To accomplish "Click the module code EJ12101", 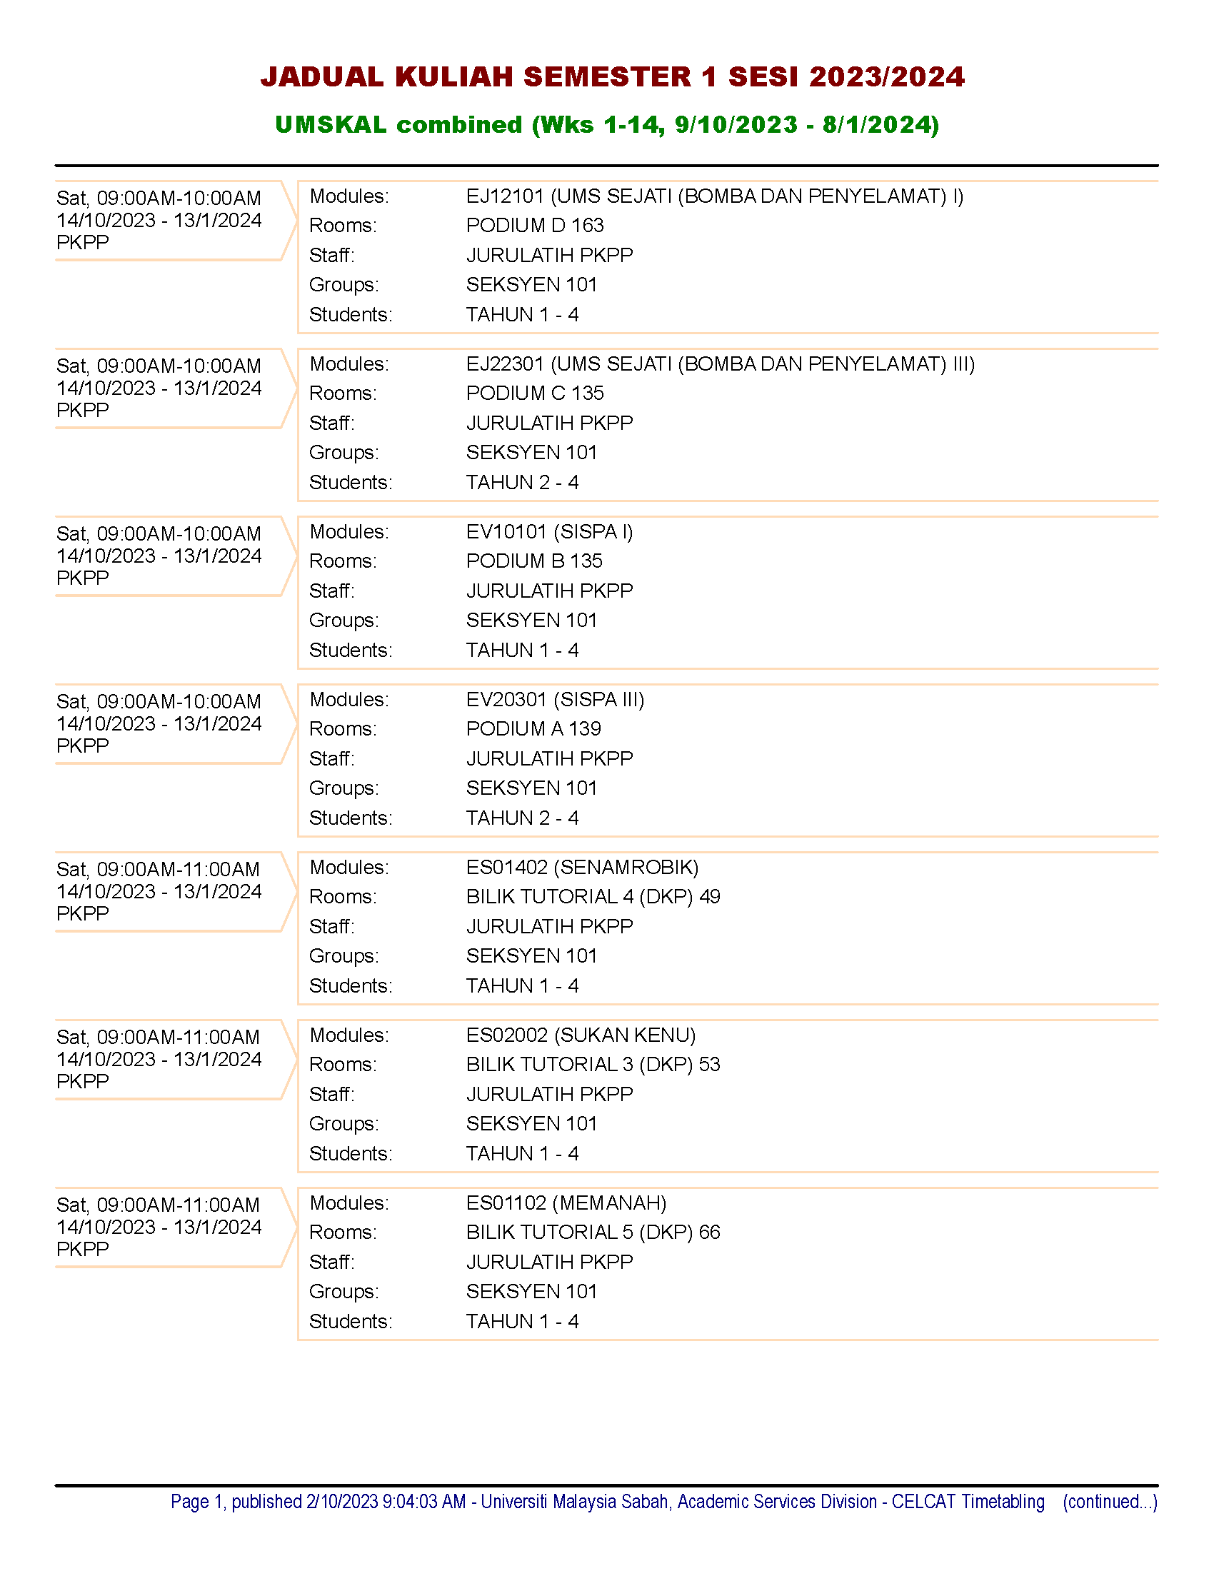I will [x=505, y=196].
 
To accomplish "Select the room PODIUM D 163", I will [x=534, y=226].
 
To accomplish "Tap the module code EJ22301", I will [x=505, y=364].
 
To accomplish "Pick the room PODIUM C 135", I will [x=534, y=393].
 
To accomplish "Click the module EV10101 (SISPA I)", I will [x=548, y=531].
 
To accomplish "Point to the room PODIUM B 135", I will [x=533, y=561].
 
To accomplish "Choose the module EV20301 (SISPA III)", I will [x=554, y=699].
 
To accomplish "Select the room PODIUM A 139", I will [x=533, y=728].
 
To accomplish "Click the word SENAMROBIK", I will [x=626, y=868].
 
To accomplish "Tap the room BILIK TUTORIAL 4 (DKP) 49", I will [x=593, y=897].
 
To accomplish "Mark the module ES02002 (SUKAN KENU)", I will [x=581, y=1035].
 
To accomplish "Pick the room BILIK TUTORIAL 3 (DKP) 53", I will [x=593, y=1065].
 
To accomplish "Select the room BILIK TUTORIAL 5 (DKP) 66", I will [x=593, y=1233].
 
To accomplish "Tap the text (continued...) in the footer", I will [x=1110, y=1502].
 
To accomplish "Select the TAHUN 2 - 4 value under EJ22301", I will [x=522, y=483].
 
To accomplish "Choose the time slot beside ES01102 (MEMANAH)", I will [x=159, y=1205].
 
